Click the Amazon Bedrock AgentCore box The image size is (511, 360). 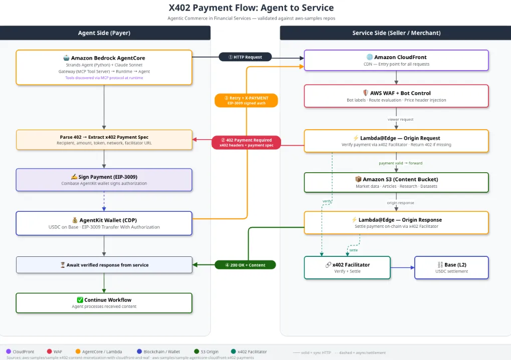pyautogui.click(x=104, y=67)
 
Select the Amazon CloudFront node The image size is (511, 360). pyautogui.click(x=396, y=60)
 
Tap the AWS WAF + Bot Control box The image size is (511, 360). pyautogui.click(x=396, y=96)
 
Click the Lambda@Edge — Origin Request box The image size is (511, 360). pyautogui.click(x=396, y=141)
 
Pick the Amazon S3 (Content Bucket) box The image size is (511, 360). pyautogui.click(x=396, y=182)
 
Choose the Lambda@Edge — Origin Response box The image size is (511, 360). pyautogui.click(x=396, y=222)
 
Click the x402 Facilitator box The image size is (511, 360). pyautogui.click(x=347, y=267)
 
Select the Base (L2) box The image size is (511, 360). pyautogui.click(x=451, y=267)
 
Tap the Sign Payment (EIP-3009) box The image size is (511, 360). pyautogui.click(x=104, y=180)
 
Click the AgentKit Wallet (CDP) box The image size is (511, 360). pyautogui.click(x=104, y=223)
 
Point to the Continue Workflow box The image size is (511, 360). pyautogui.click(x=104, y=303)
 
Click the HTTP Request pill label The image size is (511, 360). pyautogui.click(x=245, y=57)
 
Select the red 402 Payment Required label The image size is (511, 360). pyautogui.click(x=245, y=143)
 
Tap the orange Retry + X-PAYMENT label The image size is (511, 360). pyautogui.click(x=246, y=100)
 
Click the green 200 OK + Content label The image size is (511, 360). pyautogui.click(x=245, y=264)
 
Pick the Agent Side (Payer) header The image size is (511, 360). pyautogui.click(x=105, y=33)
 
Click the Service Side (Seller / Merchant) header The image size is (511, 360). pyautogui.click(x=396, y=33)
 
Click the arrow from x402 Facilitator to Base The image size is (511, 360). pyautogui.click(x=402, y=267)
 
